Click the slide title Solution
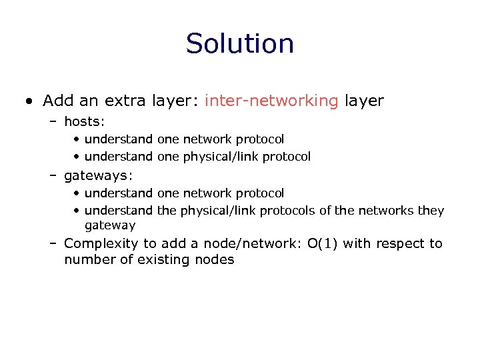[x=240, y=44]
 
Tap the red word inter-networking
[x=271, y=101]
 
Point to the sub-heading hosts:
[x=85, y=121]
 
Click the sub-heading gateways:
[x=98, y=175]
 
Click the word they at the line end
[x=431, y=211]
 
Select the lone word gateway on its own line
[x=110, y=225]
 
